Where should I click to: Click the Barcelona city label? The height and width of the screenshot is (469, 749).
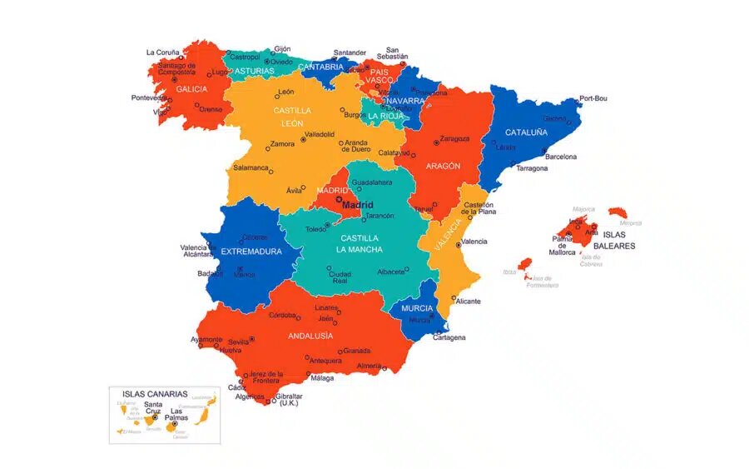pyautogui.click(x=560, y=157)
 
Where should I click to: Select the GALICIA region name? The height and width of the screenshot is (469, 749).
pyautogui.click(x=191, y=89)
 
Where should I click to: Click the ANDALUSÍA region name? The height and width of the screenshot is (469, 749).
pyautogui.click(x=310, y=336)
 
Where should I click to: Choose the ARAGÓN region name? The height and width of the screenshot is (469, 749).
pyautogui.click(x=443, y=166)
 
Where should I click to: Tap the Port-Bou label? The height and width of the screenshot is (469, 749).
pyautogui.click(x=593, y=98)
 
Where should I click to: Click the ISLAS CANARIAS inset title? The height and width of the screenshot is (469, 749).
pyautogui.click(x=155, y=394)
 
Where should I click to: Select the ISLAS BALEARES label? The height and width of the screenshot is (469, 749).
pyautogui.click(x=619, y=240)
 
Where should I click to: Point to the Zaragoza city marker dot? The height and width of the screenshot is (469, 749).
pyautogui.click(x=436, y=143)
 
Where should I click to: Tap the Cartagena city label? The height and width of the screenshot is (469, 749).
pyautogui.click(x=449, y=337)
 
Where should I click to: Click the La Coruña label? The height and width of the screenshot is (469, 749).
pyautogui.click(x=162, y=52)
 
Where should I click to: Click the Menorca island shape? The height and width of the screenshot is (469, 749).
pyautogui.click(x=617, y=212)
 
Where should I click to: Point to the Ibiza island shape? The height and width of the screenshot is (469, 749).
pyautogui.click(x=525, y=263)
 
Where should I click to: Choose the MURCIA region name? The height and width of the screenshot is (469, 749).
pyautogui.click(x=417, y=308)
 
